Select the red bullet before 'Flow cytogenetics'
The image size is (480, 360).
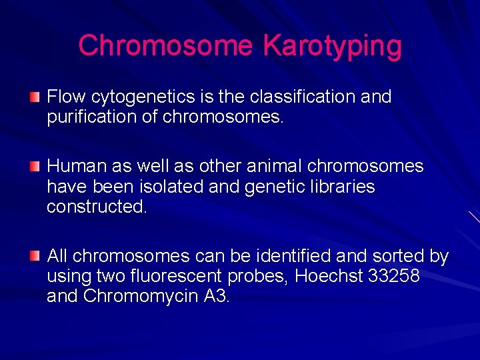point(35,97)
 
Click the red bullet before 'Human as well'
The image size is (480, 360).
point(35,165)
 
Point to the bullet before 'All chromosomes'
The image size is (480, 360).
point(35,256)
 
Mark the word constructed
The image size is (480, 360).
point(97,207)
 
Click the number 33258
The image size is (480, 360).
point(394,276)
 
